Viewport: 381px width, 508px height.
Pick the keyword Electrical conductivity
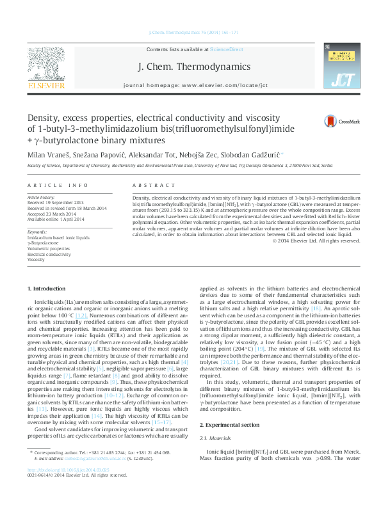49,254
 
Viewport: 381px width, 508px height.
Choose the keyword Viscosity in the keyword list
36,260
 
